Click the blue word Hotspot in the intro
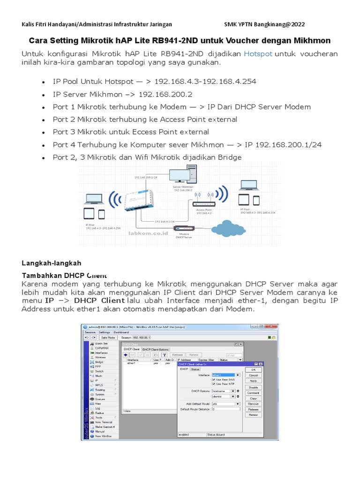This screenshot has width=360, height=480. [x=258, y=54]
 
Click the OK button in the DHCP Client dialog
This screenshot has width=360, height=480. [x=253, y=369]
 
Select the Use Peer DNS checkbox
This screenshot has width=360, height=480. [x=214, y=379]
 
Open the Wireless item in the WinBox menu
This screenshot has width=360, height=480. [x=100, y=357]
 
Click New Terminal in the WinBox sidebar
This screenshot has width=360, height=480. [x=104, y=422]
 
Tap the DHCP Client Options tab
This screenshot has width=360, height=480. [x=155, y=349]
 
